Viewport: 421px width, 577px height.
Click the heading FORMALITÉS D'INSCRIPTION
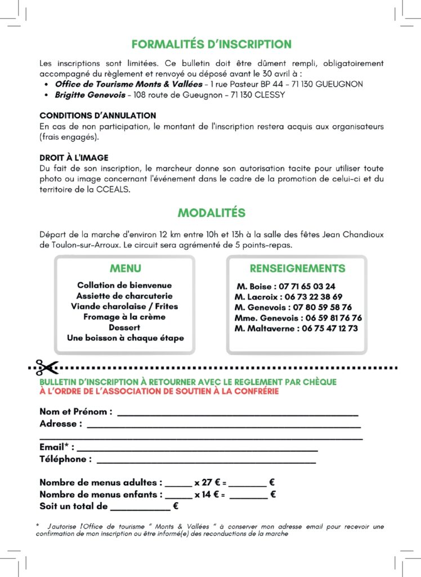point(211,44)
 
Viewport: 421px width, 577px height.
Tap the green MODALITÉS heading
point(211,213)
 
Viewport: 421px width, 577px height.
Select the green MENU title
point(125,269)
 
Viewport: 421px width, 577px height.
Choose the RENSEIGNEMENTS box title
point(297,269)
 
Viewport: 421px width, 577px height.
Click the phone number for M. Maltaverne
point(329,329)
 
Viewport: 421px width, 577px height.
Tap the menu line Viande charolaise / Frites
point(124,307)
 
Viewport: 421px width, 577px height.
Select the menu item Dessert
point(124,327)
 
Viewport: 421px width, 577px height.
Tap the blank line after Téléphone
point(206,460)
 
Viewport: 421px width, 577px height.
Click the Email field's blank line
point(197,449)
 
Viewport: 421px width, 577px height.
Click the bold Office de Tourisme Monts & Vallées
point(128,84)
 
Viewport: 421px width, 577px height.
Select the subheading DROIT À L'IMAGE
point(74,158)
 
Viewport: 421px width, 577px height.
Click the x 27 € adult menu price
point(207,483)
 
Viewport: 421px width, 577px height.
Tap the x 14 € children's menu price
point(207,495)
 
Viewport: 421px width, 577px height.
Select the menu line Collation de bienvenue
point(124,286)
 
